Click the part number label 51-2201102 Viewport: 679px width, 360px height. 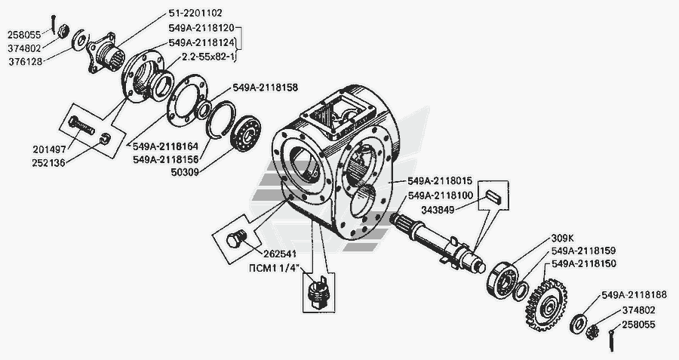(195, 14)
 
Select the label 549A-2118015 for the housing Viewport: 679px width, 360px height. (440, 180)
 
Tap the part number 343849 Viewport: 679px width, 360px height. (438, 211)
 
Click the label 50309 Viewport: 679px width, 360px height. (184, 172)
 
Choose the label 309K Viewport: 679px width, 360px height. (563, 238)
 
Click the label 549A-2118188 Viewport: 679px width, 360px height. (634, 295)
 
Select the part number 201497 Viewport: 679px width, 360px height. (50, 149)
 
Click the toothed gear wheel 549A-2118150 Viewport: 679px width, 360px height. (548, 305)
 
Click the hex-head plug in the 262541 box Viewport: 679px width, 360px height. (236, 238)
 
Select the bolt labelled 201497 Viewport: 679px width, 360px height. (81, 125)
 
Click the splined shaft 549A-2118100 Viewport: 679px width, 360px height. (438, 240)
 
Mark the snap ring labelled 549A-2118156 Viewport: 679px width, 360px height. (221, 119)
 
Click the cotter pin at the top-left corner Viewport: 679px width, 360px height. (52, 24)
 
